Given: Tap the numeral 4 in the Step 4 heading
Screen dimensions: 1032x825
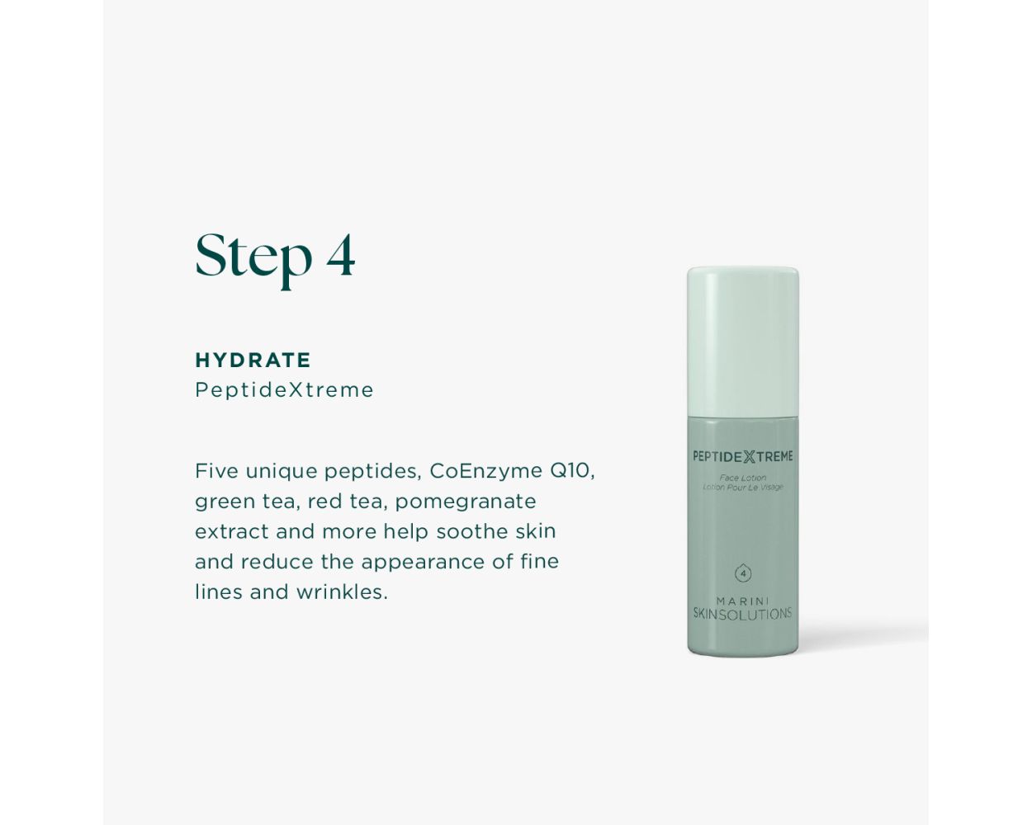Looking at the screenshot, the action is [341, 255].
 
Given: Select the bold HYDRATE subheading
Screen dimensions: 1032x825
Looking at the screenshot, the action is [253, 360].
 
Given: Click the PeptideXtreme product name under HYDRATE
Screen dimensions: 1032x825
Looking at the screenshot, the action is [284, 389].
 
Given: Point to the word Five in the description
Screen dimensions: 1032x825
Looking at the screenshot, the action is [217, 471].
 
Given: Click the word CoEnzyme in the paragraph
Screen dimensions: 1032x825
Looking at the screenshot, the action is [485, 471].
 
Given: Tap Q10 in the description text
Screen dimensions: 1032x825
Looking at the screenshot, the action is [570, 471].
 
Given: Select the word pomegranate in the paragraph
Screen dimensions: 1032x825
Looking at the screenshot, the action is [466, 502].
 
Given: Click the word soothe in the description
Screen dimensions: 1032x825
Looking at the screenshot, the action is [472, 531].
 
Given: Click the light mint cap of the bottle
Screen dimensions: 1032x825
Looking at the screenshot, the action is [743, 342].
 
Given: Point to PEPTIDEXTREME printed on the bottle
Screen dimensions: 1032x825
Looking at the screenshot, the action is [743, 456].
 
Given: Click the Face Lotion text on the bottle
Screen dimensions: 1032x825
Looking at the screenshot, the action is [743, 478].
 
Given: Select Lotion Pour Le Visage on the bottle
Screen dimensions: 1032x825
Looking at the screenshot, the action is [743, 487].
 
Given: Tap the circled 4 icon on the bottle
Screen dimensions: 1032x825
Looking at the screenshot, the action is [743, 573].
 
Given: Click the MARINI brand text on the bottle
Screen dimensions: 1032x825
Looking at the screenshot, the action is [743, 601].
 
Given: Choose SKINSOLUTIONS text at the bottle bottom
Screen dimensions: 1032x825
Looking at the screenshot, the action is [742, 614].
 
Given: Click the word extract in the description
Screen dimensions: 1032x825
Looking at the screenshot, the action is [232, 531].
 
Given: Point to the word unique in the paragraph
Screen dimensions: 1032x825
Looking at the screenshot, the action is [282, 472].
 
